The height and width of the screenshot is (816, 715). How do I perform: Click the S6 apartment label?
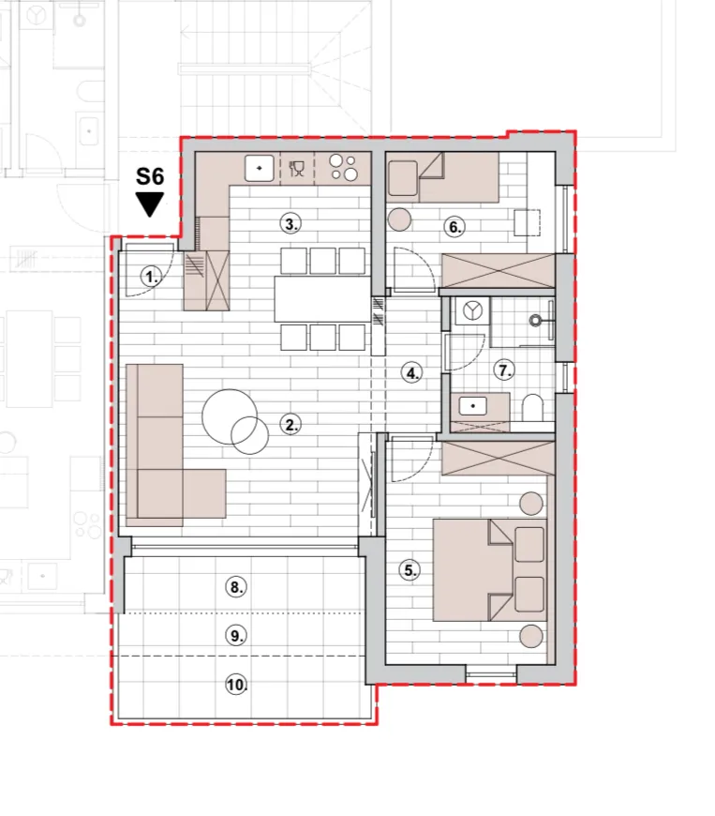click(150, 176)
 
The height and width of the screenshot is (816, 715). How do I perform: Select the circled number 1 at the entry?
click(151, 277)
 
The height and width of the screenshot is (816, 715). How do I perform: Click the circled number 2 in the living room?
click(290, 425)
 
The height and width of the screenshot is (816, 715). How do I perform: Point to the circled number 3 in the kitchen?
click(290, 224)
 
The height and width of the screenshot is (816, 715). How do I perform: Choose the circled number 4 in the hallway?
click(411, 372)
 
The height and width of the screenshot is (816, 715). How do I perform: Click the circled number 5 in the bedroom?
click(410, 570)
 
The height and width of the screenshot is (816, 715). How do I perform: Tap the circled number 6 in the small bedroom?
click(454, 227)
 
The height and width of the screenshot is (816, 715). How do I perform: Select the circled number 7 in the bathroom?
click(504, 370)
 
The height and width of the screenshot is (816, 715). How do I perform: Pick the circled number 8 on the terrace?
click(235, 587)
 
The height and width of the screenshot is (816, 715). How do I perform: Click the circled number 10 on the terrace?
click(236, 684)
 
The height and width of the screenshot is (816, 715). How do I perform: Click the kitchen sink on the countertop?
click(259, 168)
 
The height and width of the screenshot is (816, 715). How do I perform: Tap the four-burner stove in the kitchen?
click(344, 167)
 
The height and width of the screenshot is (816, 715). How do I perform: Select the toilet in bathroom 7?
click(532, 408)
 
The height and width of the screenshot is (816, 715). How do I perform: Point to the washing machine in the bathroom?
click(472, 310)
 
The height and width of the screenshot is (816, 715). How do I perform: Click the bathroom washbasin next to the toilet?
click(472, 405)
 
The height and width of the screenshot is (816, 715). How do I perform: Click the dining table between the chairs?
click(322, 299)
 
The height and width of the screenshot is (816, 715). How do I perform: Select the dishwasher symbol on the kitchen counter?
click(296, 168)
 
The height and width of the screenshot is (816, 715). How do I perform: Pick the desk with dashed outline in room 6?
click(528, 222)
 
